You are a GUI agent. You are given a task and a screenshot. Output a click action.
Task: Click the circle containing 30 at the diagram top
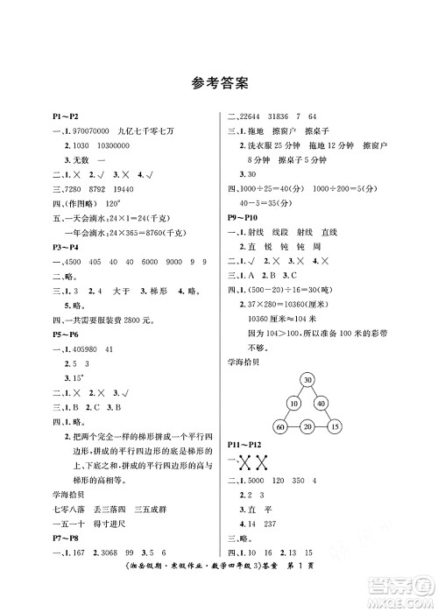[307, 379]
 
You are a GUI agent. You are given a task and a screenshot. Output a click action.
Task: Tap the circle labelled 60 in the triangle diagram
[280, 426]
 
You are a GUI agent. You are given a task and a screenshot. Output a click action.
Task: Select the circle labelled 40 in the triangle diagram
[321, 404]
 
